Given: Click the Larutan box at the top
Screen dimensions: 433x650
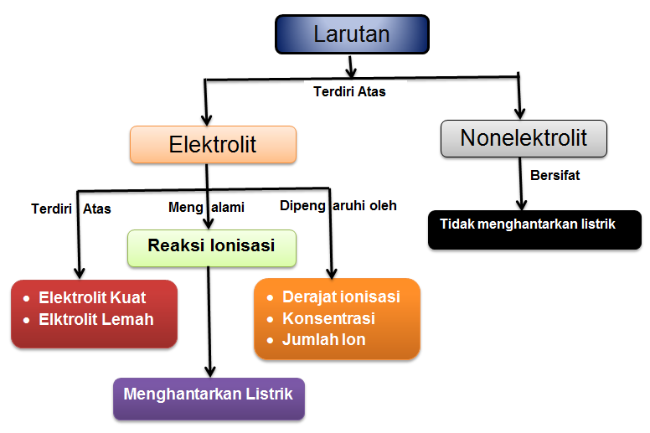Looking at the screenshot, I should pyautogui.click(x=351, y=35).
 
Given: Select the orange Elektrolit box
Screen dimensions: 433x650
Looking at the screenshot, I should pyautogui.click(x=213, y=144).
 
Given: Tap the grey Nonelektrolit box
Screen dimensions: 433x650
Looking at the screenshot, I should pyautogui.click(x=524, y=138).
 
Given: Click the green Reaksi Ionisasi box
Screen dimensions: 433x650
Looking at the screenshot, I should pyautogui.click(x=211, y=247).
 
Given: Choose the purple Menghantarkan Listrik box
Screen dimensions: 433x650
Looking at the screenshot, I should pyautogui.click(x=209, y=397).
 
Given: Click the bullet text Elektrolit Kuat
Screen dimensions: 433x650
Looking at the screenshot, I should pyautogui.click(x=92, y=298).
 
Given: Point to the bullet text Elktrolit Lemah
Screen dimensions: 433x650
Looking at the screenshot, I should pyautogui.click(x=95, y=319).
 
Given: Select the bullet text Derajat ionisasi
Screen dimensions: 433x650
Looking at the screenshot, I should pyautogui.click(x=341, y=297).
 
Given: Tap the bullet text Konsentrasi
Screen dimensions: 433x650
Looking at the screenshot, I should pyautogui.click(x=328, y=319).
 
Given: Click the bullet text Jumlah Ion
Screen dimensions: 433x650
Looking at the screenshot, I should pyautogui.click(x=323, y=340).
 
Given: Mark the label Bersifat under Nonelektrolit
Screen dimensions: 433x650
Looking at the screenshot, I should pyautogui.click(x=555, y=176).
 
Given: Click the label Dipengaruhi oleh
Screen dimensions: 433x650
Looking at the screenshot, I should pyautogui.click(x=338, y=205).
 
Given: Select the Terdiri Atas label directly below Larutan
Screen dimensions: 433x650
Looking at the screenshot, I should pyautogui.click(x=349, y=91).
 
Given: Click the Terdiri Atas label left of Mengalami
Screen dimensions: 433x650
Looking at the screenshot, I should pyautogui.click(x=71, y=208).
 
